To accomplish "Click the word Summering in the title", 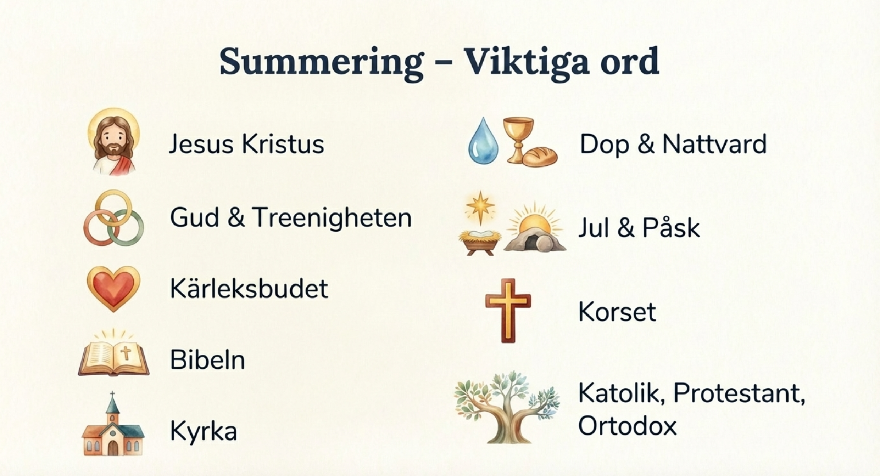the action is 321,62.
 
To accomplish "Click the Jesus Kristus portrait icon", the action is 113,142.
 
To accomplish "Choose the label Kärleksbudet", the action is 249,289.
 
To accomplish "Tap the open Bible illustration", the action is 113,354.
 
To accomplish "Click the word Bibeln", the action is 208,360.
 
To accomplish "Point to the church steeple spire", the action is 113,404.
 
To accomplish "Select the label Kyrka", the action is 204,431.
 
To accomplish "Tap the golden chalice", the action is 518,139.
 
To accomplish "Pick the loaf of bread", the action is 540,157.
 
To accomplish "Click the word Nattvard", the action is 714,144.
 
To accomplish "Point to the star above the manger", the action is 480,208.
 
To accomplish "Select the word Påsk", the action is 671,228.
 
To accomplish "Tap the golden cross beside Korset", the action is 508,311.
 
